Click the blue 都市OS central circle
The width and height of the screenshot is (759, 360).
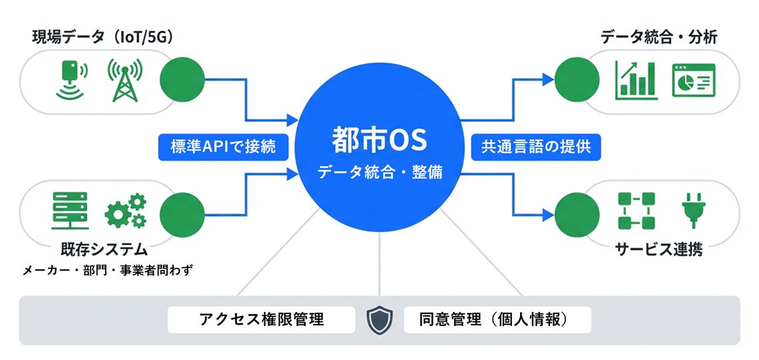tap(379, 153)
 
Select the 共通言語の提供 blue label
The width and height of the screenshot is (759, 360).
tap(536, 147)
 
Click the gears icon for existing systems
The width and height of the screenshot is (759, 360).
tap(126, 211)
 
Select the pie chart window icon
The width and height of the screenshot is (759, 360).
tap(693, 79)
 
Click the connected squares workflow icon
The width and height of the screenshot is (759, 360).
tap(636, 210)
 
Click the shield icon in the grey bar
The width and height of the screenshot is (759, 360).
tap(380, 320)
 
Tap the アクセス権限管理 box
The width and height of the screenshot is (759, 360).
tap(261, 319)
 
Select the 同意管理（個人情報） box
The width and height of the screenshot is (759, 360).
tap(497, 319)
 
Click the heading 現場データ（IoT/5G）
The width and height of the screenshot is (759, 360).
tap(103, 38)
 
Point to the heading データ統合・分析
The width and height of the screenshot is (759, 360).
tap(658, 38)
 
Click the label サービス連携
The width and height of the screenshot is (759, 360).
tap(658, 250)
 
